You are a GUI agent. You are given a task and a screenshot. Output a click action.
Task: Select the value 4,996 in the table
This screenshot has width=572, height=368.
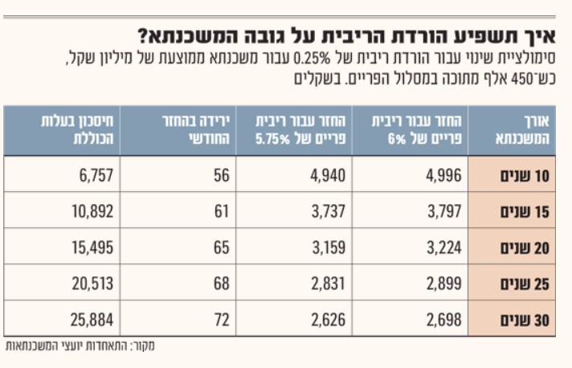coord(443,176)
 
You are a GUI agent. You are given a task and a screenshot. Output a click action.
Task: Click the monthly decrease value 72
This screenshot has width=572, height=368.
coord(222,321)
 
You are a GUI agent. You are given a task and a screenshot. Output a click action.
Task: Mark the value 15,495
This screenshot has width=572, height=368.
coord(92,248)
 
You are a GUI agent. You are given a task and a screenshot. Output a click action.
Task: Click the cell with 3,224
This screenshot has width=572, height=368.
coord(443,248)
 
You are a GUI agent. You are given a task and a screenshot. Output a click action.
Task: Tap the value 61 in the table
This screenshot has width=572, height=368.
coord(222,212)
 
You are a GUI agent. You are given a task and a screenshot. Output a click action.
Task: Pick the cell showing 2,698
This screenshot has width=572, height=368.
coord(443,321)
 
